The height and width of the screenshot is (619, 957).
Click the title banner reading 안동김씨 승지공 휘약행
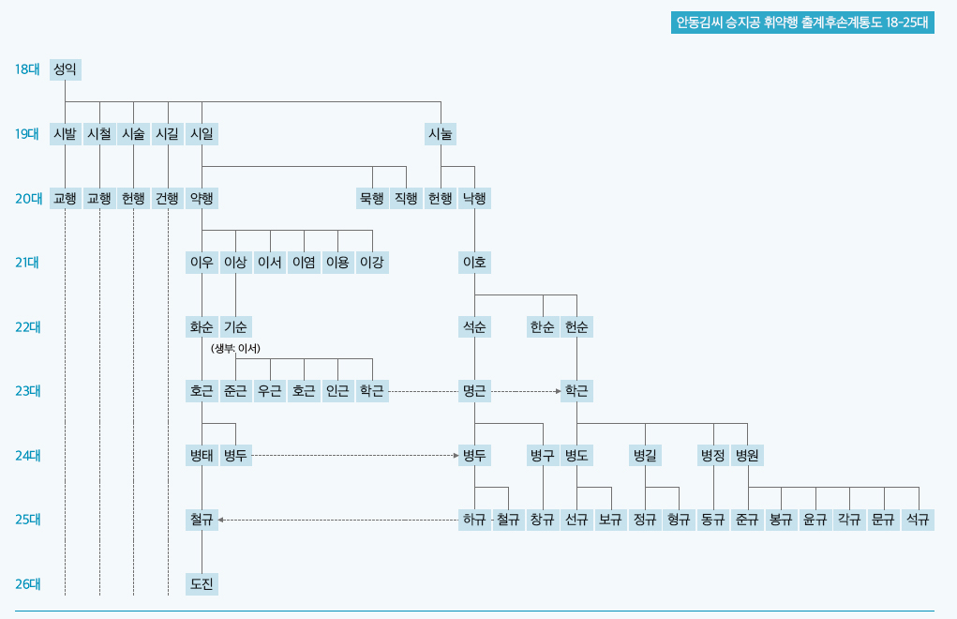802,23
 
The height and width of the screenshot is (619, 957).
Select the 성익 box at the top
66,69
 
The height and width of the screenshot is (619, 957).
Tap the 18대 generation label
27,69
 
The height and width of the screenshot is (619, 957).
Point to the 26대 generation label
27,583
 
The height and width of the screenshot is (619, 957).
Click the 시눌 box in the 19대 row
441,134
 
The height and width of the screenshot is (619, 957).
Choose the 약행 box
202,198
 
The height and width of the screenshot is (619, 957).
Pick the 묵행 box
372,198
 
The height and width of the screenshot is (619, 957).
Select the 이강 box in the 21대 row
372,263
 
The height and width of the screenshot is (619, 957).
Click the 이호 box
475,263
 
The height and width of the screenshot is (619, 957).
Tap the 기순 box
235,326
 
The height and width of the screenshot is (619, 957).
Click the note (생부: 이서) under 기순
235,349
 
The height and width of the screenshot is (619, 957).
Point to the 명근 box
475,391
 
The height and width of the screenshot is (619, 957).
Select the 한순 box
544,326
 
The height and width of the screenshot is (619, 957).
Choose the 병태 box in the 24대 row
202,455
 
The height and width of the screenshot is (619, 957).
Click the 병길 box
645,455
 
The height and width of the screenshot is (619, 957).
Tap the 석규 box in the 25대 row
918,520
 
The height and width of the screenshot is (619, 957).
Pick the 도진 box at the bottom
202,583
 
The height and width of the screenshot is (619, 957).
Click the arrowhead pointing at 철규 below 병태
221,520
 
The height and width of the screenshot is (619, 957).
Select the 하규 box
475,520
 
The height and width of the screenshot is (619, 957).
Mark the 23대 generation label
27,391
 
